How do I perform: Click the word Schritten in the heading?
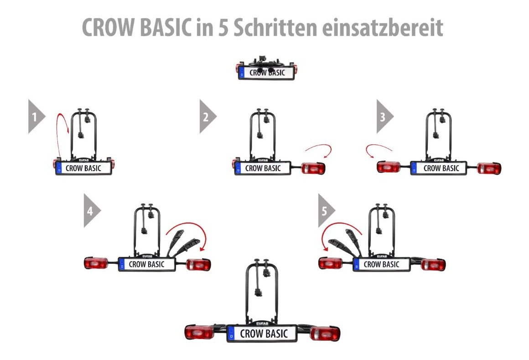click(x=275, y=27)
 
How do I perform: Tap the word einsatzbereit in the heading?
click(x=383, y=27)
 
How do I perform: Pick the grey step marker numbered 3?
click(x=385, y=116)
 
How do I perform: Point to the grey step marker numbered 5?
click(x=327, y=210)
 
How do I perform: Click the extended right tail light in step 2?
click(x=313, y=168)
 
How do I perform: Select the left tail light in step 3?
click(x=389, y=167)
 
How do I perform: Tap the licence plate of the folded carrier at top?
click(x=266, y=73)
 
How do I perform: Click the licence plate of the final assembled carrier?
click(x=262, y=334)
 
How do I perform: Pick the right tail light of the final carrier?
click(x=325, y=334)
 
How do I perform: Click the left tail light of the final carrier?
click(x=199, y=333)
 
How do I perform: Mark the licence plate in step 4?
click(x=147, y=264)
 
